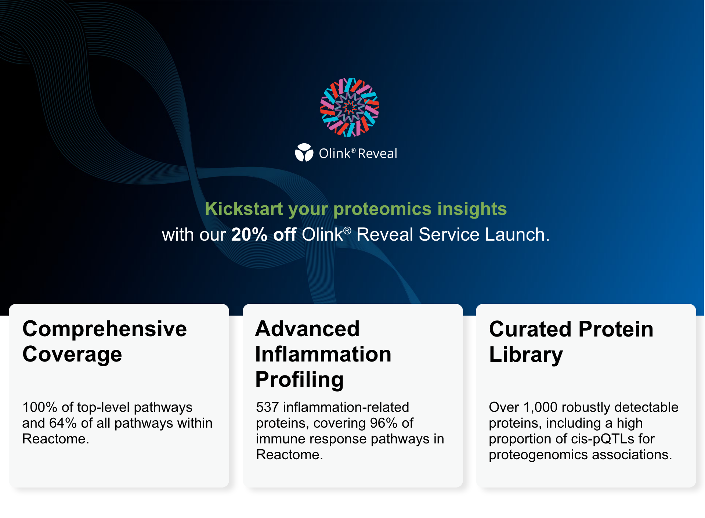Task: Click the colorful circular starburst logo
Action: pyautogui.click(x=350, y=107)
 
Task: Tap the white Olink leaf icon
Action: pyautogui.click(x=304, y=152)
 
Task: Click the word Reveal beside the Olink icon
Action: pyautogui.click(x=377, y=153)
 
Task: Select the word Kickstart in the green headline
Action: pyautogui.click(x=244, y=209)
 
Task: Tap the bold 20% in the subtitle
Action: pyautogui.click(x=249, y=234)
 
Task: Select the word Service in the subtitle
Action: pyautogui.click(x=449, y=234)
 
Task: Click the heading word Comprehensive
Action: pyautogui.click(x=105, y=329)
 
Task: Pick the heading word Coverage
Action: pyautogui.click(x=72, y=355)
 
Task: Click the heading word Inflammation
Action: pyautogui.click(x=323, y=354)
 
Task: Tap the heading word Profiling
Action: pyautogui.click(x=299, y=380)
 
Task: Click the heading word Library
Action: pyautogui.click(x=526, y=355)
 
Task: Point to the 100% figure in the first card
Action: pyautogui.click(x=40, y=407)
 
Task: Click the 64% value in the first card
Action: pyautogui.click(x=63, y=423)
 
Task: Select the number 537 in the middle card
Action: pyautogui.click(x=267, y=407)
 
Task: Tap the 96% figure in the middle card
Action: pyautogui.click(x=384, y=423)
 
